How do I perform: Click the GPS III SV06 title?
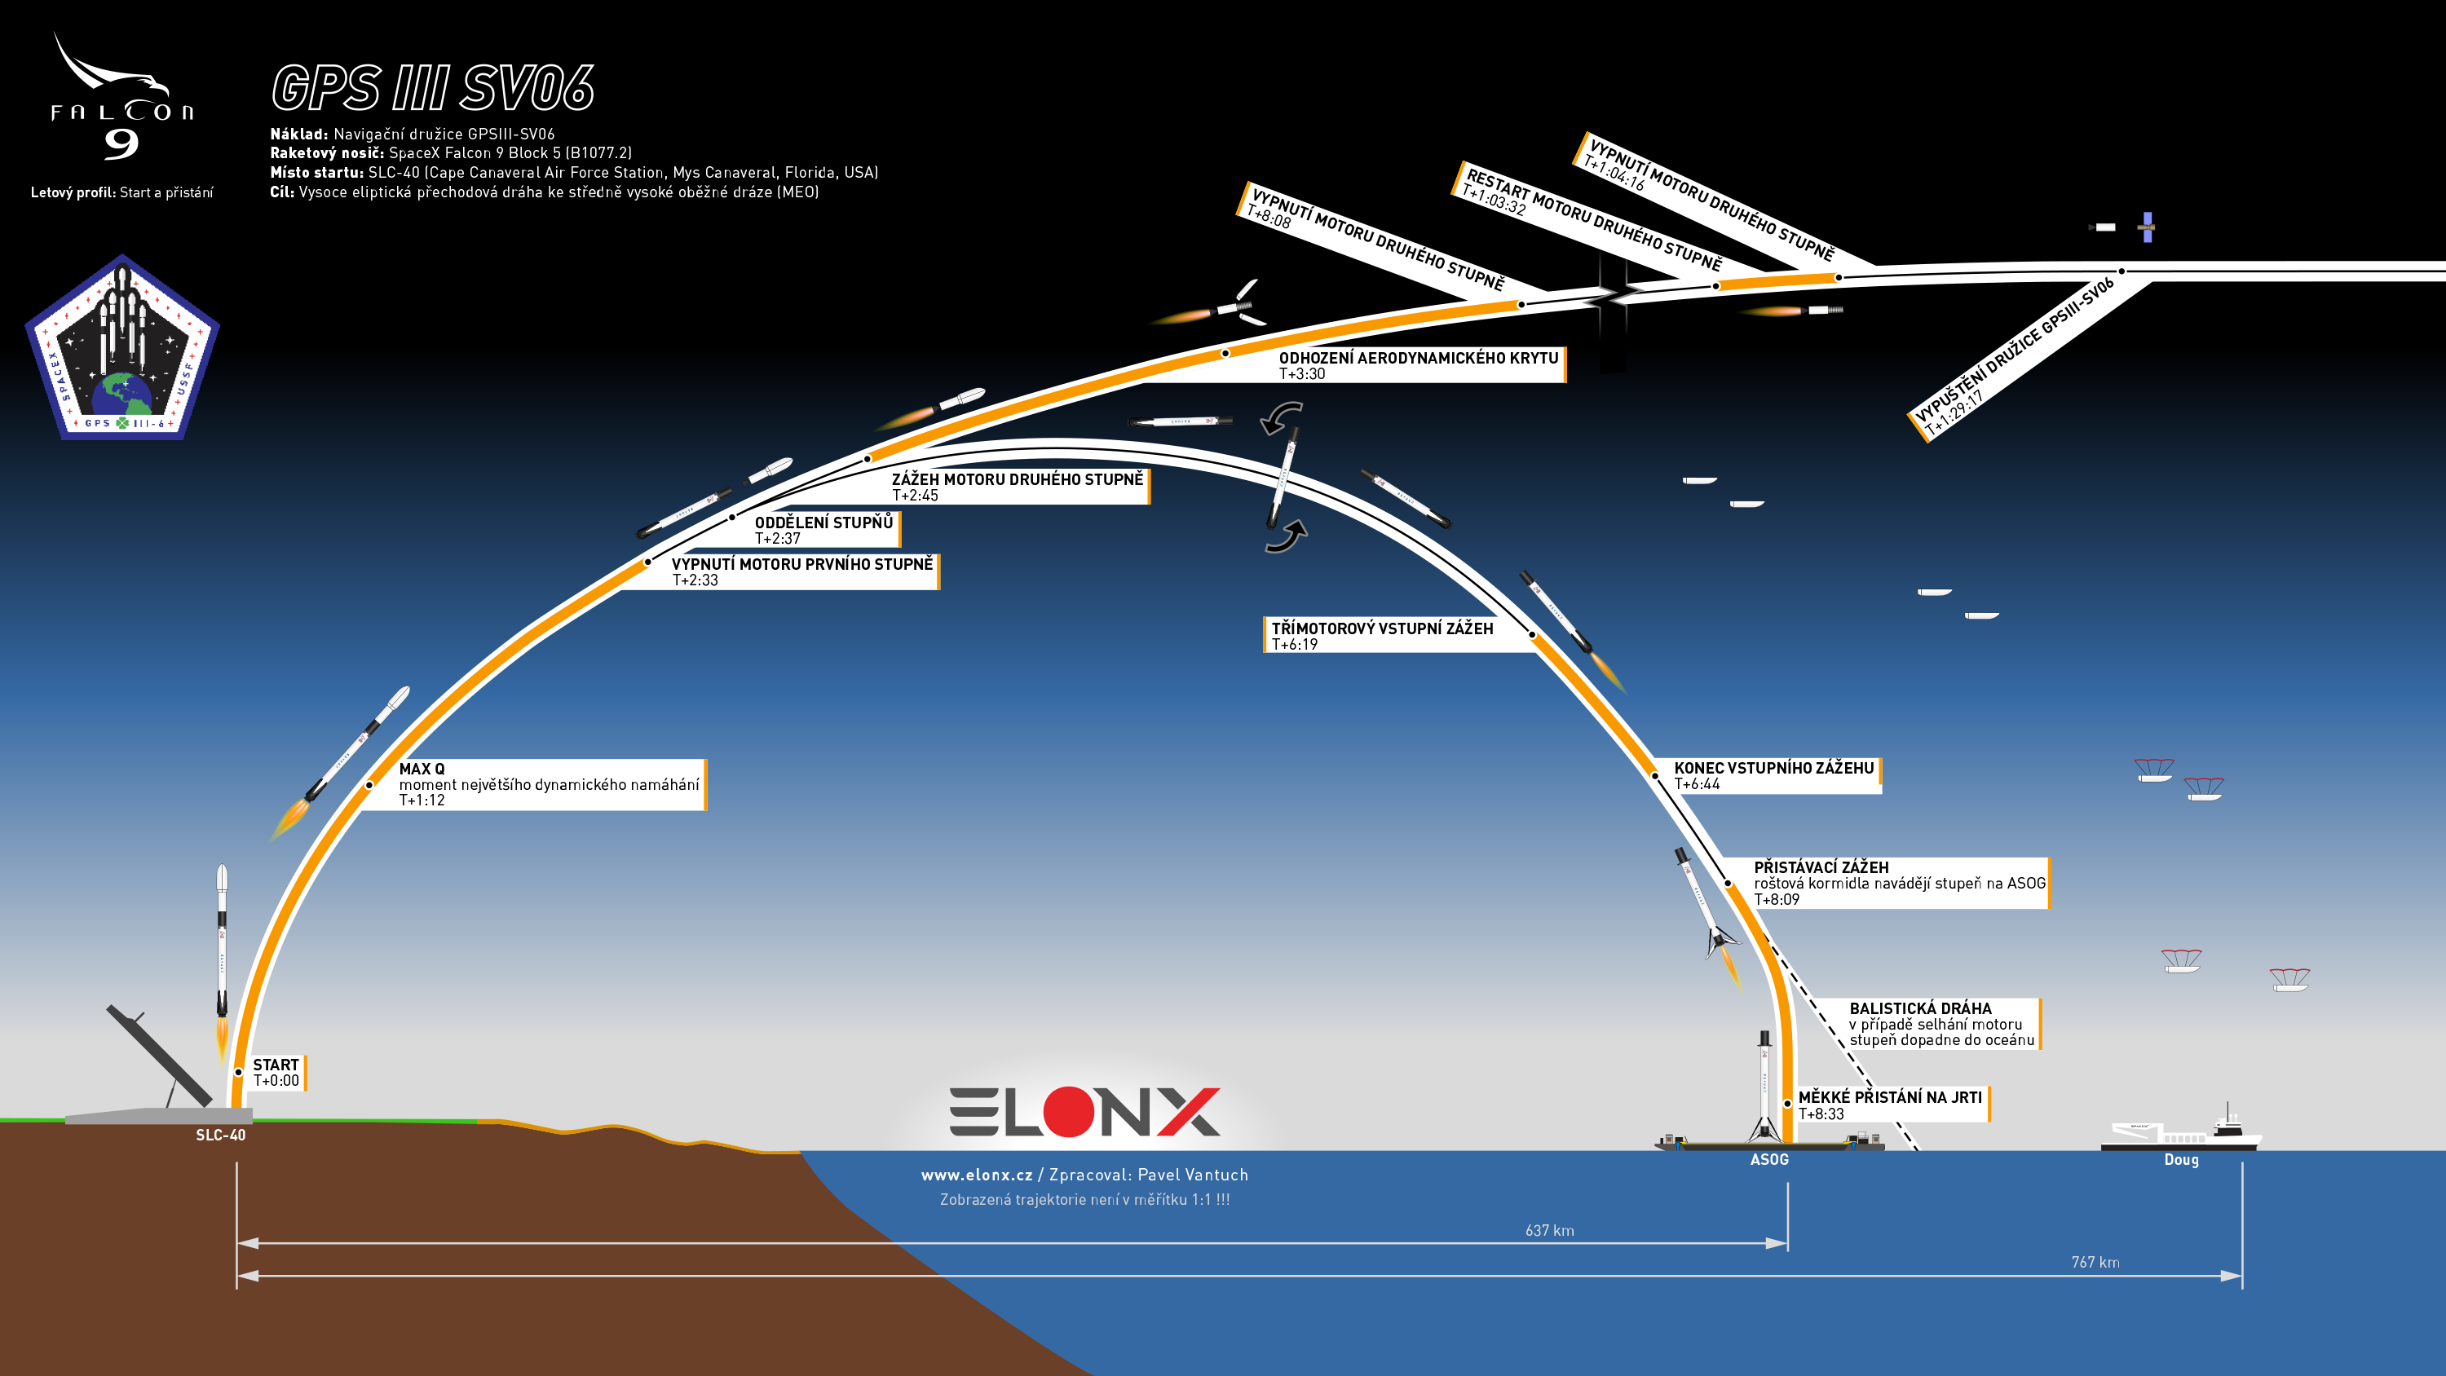click(433, 88)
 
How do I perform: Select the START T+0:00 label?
click(276, 1072)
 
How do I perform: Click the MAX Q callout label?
click(549, 784)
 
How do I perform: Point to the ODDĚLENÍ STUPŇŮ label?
click(823, 530)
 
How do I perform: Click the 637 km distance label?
click(1550, 1231)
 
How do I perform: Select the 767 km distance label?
click(2095, 1262)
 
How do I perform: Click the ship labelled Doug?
click(2181, 1130)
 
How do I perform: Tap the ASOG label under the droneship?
click(1769, 1159)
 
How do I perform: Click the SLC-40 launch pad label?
click(220, 1135)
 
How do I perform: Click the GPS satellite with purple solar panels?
click(2147, 227)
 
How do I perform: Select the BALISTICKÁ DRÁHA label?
click(1942, 1024)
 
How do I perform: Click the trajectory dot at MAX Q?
click(369, 785)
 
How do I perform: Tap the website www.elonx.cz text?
click(977, 1175)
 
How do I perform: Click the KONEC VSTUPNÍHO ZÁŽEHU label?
click(1773, 776)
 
